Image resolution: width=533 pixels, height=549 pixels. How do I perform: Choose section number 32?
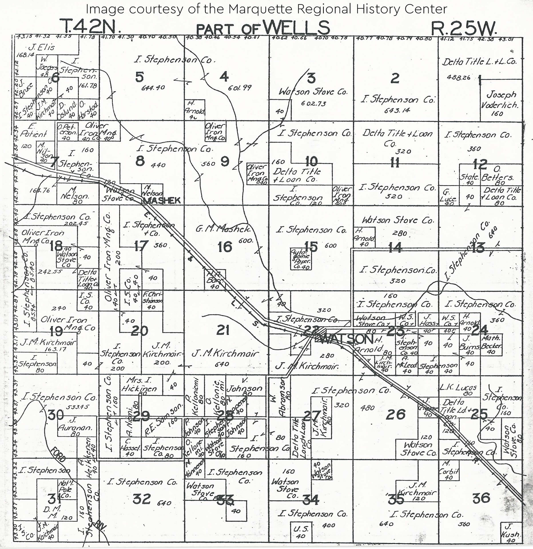tap(141, 499)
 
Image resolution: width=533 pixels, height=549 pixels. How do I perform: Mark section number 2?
tap(395, 78)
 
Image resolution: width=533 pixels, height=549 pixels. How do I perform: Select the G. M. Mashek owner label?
tap(223, 229)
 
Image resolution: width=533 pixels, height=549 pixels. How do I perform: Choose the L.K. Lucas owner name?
tap(458, 388)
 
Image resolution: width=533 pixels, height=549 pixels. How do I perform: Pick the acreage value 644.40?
tap(153, 88)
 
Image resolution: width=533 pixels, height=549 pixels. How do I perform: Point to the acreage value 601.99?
tap(239, 88)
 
